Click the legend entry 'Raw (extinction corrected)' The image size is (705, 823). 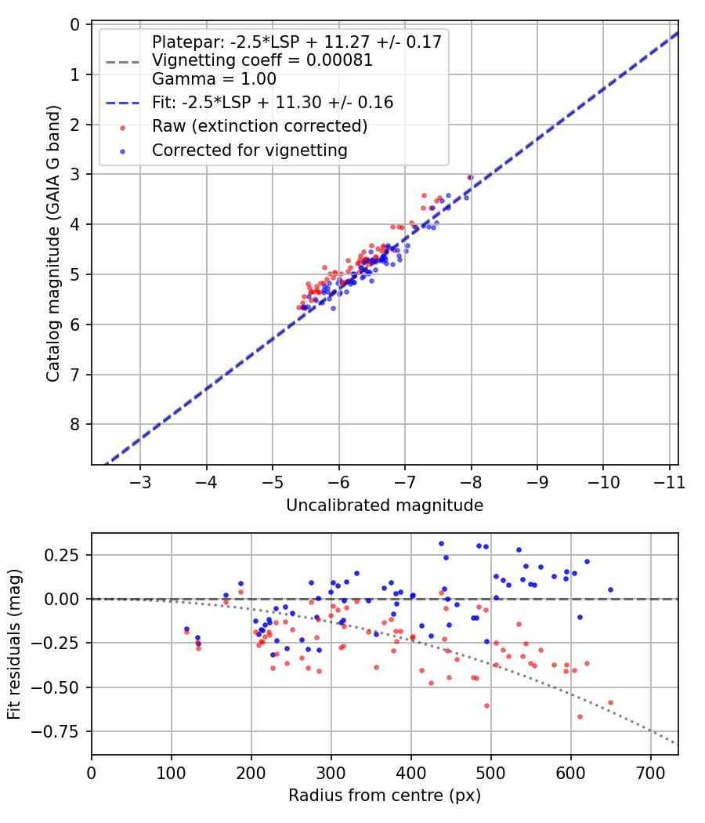[x=259, y=126]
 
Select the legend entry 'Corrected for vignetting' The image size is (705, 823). [x=250, y=150]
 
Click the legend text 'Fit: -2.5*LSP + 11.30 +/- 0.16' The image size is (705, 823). [x=273, y=102]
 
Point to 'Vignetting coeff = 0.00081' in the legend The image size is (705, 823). [x=262, y=60]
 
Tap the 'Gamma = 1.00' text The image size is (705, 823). [x=214, y=79]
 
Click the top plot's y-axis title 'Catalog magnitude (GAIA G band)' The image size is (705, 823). [x=52, y=244]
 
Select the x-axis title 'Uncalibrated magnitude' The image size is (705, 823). [x=385, y=506]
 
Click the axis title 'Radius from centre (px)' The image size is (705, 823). [x=385, y=796]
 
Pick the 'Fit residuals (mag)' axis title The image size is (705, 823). [x=14, y=644]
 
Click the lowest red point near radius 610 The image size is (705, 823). [x=580, y=716]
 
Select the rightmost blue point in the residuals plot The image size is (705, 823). [x=610, y=589]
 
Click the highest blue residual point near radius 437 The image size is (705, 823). [x=441, y=543]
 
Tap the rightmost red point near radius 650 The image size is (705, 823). [x=610, y=702]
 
